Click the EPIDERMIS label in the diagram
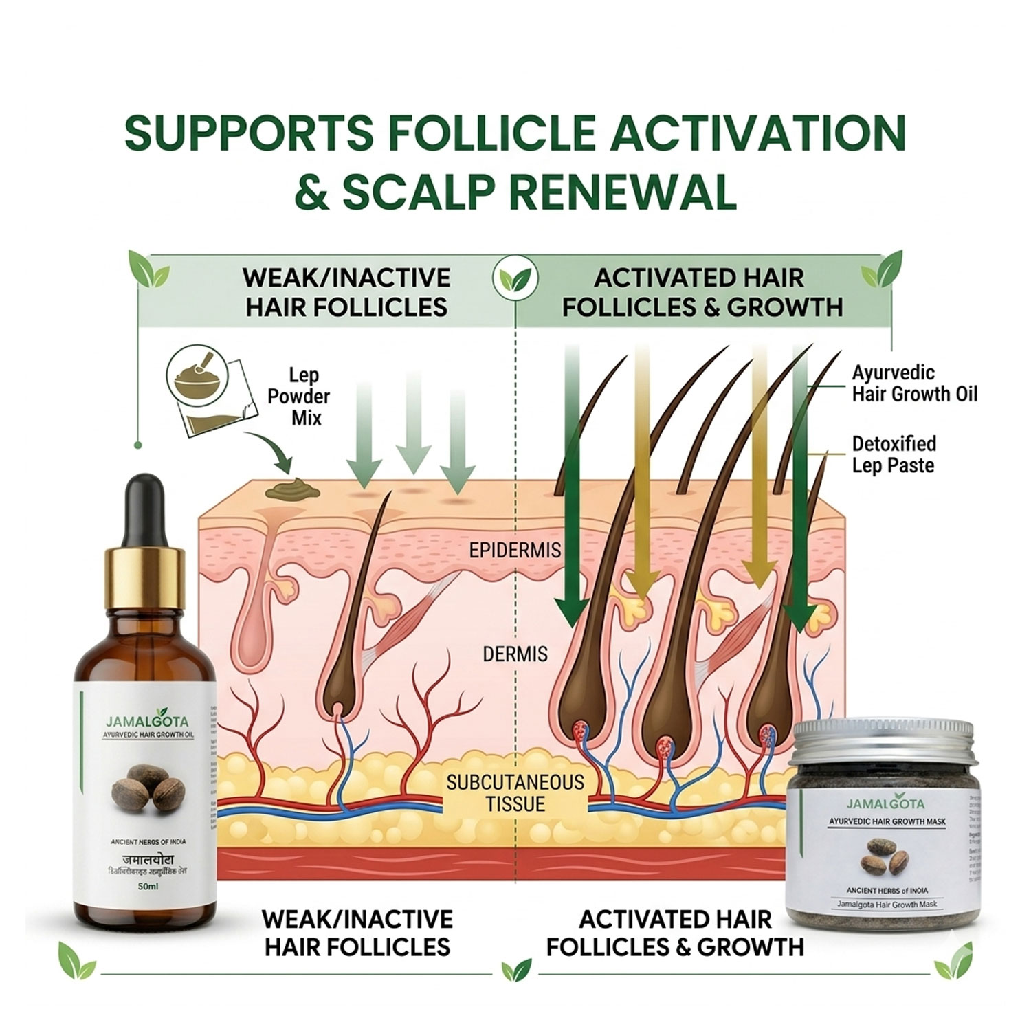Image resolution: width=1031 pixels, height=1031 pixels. click(515, 550)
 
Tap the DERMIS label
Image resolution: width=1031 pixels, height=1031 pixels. click(515, 653)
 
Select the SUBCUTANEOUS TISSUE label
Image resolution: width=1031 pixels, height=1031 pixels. click(515, 792)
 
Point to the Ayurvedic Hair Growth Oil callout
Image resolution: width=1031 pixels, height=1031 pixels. click(914, 383)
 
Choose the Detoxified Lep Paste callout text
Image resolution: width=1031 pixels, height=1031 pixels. click(894, 454)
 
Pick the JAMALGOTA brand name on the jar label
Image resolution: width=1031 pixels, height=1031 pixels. click(885, 804)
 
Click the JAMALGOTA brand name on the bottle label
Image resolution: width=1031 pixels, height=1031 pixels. click(147, 721)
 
